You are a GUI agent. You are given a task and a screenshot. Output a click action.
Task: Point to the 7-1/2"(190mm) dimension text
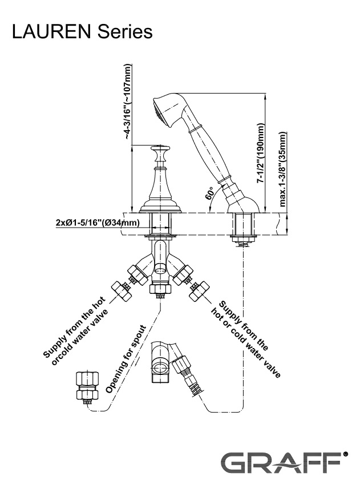click(x=261, y=152)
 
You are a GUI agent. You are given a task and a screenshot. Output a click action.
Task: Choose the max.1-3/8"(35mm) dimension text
click(x=284, y=169)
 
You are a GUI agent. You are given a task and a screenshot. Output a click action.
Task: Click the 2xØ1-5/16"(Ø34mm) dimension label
click(x=97, y=223)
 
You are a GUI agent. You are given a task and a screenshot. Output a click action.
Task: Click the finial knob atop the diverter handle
click(x=160, y=150)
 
